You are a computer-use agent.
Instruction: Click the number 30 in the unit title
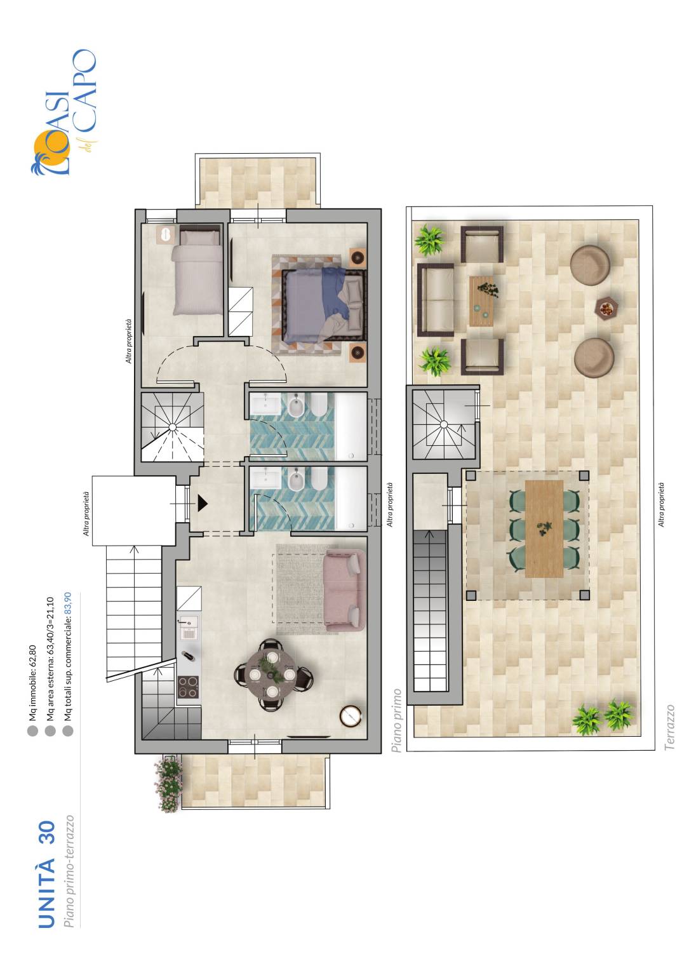tap(47, 833)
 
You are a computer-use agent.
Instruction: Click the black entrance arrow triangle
tap(203, 503)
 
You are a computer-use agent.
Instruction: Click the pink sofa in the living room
tap(344, 591)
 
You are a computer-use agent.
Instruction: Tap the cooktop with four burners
tap(189, 687)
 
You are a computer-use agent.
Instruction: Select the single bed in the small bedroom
tap(197, 272)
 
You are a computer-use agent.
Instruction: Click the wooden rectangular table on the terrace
tap(544, 529)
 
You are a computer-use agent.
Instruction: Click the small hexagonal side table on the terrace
tap(605, 308)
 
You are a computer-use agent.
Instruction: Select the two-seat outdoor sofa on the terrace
tap(436, 299)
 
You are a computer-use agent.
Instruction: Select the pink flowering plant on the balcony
tap(169, 784)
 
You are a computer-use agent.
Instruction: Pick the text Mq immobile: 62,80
tap(32, 682)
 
